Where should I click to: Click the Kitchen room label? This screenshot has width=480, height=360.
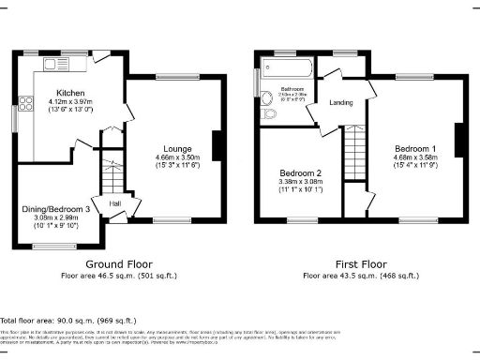point(70,94)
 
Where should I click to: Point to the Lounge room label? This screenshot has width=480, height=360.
point(177,147)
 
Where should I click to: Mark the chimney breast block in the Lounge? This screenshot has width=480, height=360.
point(217,146)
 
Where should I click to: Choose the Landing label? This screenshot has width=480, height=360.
point(340,103)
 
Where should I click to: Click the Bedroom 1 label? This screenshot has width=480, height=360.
point(414,148)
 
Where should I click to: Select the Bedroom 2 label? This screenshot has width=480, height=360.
point(300,173)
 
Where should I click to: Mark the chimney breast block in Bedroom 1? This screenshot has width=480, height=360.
point(459,141)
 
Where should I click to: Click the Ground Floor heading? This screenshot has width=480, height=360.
point(119,264)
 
